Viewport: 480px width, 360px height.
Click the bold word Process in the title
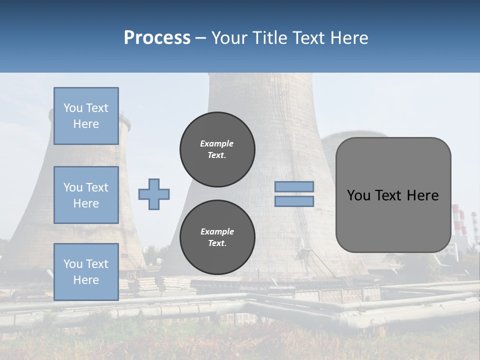coord(157,38)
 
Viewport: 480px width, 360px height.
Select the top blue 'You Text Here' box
coord(86,116)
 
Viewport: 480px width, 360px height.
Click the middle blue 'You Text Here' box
coord(86,195)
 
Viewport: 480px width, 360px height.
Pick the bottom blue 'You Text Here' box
coord(86,272)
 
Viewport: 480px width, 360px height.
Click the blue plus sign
coord(154,194)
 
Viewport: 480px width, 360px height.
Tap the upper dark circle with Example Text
coord(217,149)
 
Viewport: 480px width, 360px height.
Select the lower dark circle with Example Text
coord(217,237)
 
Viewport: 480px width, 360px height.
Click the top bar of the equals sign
coord(294,186)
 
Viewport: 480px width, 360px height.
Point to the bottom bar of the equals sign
coord(294,201)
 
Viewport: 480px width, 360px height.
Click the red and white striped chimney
coord(457,220)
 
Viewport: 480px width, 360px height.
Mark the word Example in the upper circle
coord(217,143)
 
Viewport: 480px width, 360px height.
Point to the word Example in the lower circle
coord(217,231)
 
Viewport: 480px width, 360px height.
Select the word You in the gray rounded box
coord(358,195)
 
